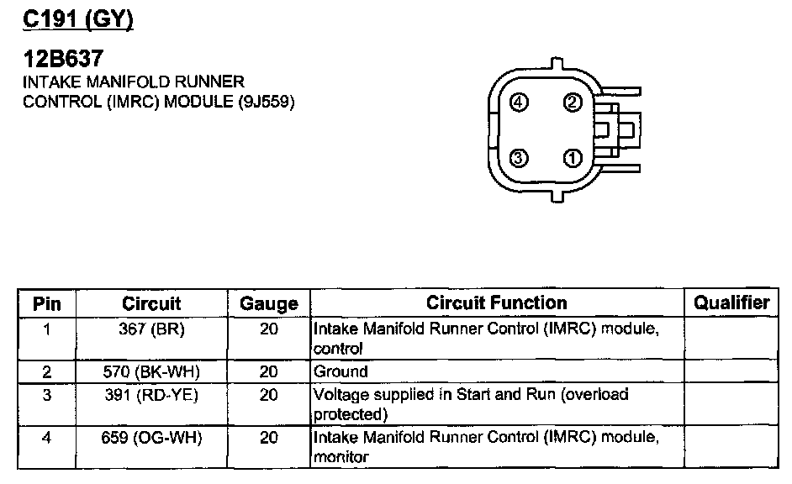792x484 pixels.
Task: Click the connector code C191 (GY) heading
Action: (x=78, y=18)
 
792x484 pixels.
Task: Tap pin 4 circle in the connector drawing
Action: (x=520, y=103)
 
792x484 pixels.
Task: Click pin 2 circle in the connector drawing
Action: (x=573, y=103)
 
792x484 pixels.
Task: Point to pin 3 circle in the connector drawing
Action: (x=520, y=157)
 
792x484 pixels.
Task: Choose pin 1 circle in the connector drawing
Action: (x=573, y=157)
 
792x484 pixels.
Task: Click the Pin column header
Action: (x=46, y=303)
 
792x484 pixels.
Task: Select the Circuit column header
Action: (x=151, y=303)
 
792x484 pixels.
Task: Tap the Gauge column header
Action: (x=269, y=303)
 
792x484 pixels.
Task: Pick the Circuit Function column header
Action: (x=497, y=302)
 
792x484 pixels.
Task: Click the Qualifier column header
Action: (x=732, y=302)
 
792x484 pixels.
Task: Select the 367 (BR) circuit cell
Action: (x=152, y=329)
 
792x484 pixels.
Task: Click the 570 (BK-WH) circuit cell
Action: (x=152, y=371)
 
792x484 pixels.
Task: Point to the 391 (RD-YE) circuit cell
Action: (x=152, y=394)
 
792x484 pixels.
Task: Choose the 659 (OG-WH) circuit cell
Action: (x=152, y=437)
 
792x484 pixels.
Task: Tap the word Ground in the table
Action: (x=341, y=371)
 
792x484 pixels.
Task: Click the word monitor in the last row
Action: (x=341, y=458)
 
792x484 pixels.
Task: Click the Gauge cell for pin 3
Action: (x=269, y=394)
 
